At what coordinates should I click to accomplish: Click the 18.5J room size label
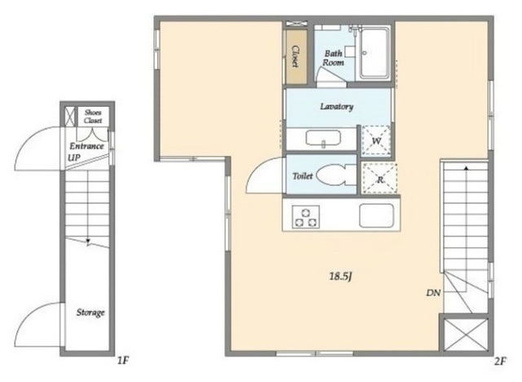[341, 277]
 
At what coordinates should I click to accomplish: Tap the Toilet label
[303, 175]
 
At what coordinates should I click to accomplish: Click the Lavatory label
[337, 107]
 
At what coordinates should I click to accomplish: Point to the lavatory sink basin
[323, 138]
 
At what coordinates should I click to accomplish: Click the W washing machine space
[376, 140]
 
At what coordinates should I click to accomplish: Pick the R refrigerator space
[379, 178]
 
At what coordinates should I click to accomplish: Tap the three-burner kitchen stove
[306, 217]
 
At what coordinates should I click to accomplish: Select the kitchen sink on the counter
[376, 215]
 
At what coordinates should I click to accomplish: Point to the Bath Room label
[334, 58]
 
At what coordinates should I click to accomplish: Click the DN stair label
[433, 293]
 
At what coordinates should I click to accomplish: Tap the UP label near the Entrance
[74, 158]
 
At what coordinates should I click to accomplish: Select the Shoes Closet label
[93, 117]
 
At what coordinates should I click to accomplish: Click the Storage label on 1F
[91, 313]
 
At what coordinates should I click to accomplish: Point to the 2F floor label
[500, 361]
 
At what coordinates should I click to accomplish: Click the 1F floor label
[122, 361]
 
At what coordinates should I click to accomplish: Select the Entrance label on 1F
[86, 146]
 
